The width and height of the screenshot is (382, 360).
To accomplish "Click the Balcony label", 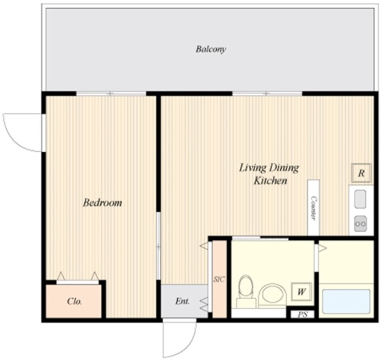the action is (211, 49).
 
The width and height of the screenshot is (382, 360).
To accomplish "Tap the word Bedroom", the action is (103, 203).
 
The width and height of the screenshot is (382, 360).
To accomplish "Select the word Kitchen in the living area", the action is (270, 181).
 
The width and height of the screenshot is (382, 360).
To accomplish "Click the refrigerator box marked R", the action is (361, 173).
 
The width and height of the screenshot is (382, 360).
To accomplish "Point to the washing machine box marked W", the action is (302, 292).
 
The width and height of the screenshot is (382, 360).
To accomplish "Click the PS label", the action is (303, 315).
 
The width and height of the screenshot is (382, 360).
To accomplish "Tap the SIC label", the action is (219, 279).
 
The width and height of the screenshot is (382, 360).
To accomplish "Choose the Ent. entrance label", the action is (182, 301).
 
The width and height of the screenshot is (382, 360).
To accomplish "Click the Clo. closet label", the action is (74, 302).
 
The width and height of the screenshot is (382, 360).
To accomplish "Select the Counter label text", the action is (314, 208).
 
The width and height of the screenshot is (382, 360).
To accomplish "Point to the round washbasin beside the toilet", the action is (272, 295).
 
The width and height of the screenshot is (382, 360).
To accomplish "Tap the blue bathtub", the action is (346, 302).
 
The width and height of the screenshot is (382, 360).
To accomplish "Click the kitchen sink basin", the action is (361, 199).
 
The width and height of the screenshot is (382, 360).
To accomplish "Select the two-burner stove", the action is (361, 223).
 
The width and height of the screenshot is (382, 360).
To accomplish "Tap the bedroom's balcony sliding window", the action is (111, 93).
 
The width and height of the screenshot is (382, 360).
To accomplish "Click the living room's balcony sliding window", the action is (267, 93).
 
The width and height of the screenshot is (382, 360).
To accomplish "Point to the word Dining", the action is (284, 168).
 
